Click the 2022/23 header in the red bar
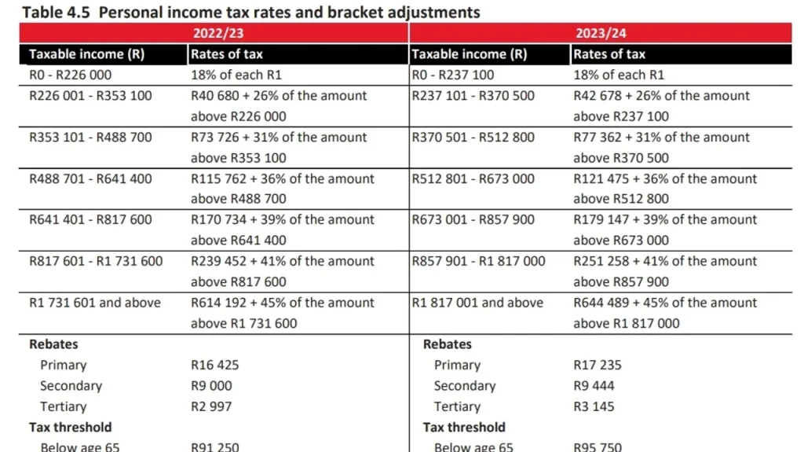pos(214,34)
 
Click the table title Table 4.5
pos(250,13)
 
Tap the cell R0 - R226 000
pos(71,75)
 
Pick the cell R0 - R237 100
pos(455,75)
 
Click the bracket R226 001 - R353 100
pos(90,96)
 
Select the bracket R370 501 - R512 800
pos(473,138)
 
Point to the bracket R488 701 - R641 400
pos(90,179)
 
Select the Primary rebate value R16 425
pos(214,366)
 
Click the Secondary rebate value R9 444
pos(594,386)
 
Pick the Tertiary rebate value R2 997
pos(211,407)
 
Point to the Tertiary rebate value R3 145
pos(594,407)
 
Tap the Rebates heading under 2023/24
pos(448,344)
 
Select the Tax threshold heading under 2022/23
pos(71,428)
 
